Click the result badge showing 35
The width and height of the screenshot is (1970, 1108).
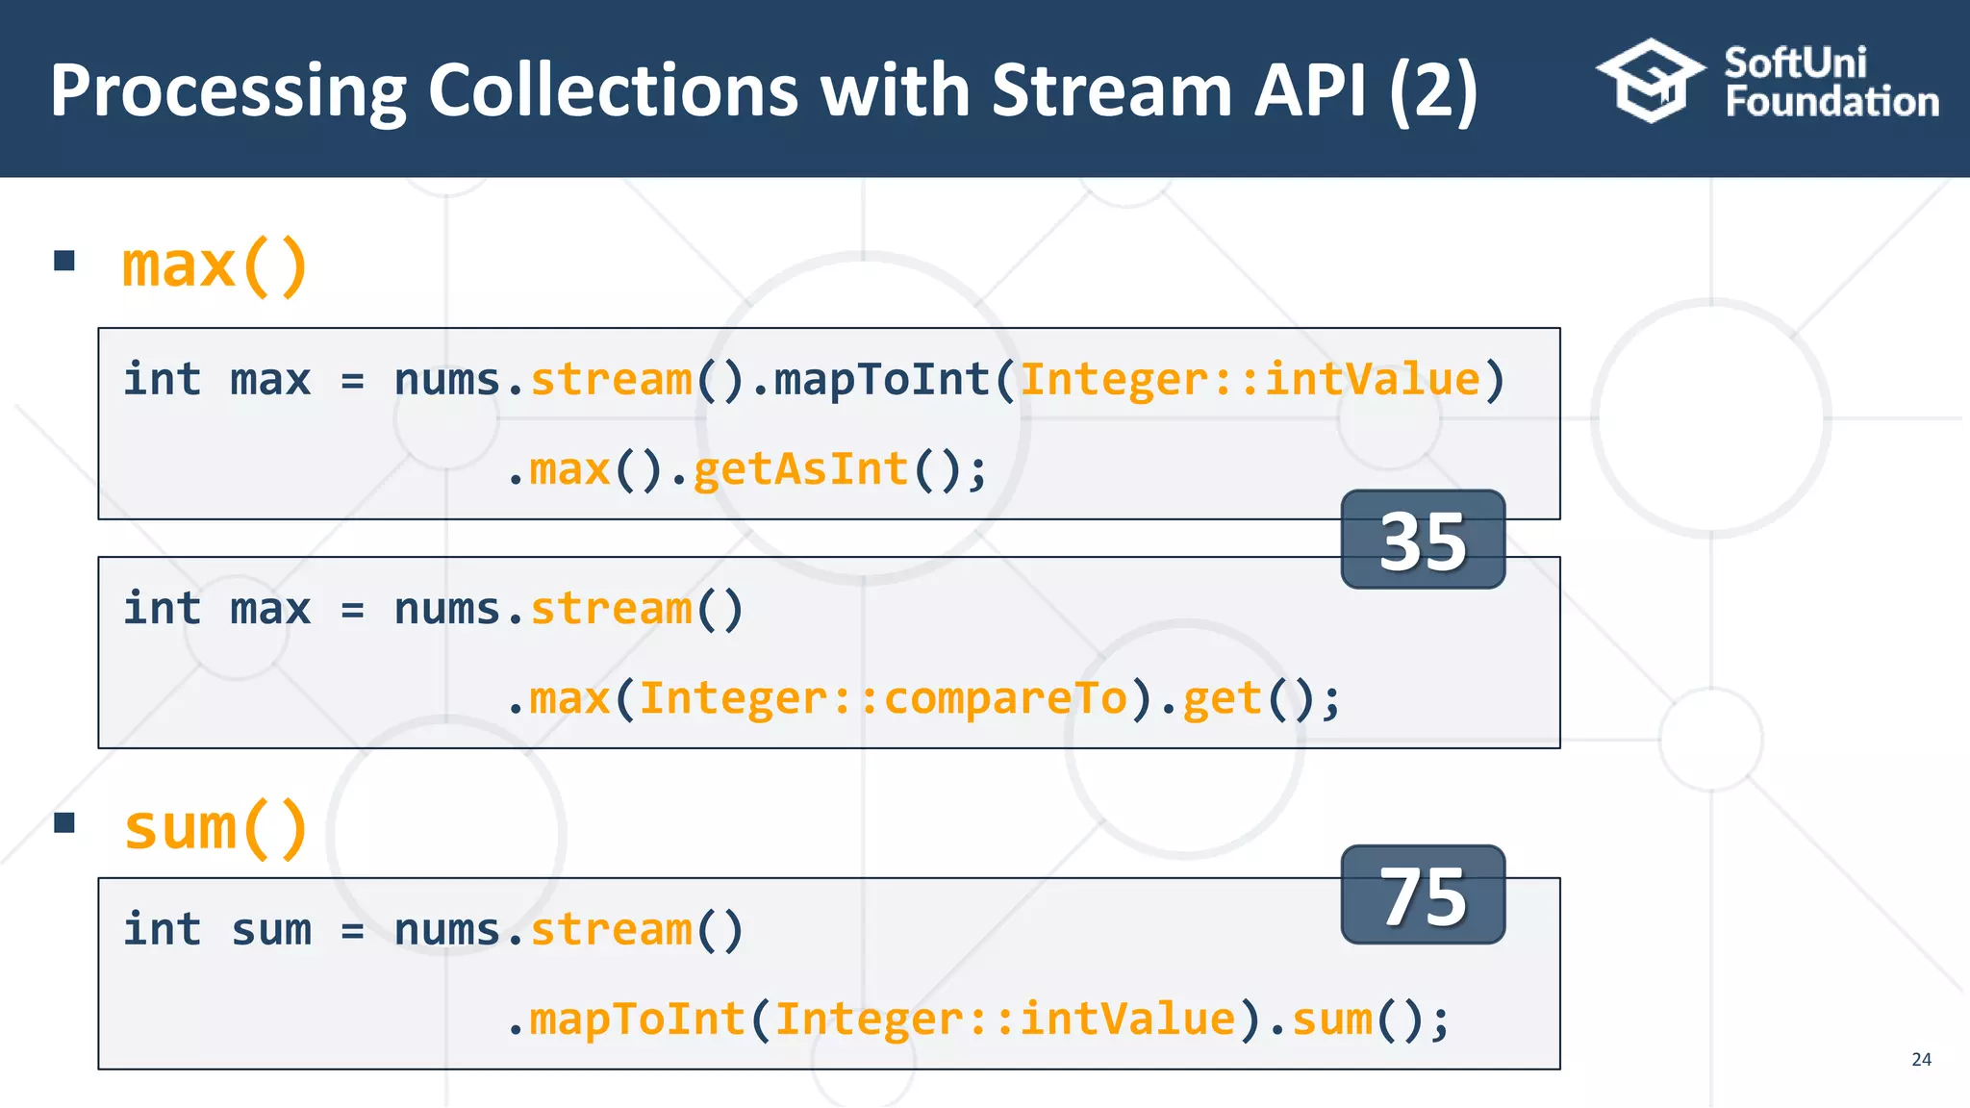pos(1423,540)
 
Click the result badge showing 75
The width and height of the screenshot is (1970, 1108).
pos(1423,895)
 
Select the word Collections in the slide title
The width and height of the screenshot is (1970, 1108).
pos(613,90)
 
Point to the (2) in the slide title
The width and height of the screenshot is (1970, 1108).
pos(1433,90)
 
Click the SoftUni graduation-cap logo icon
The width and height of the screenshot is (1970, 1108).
pos(1650,81)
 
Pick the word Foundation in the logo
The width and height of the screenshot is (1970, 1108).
pos(1831,102)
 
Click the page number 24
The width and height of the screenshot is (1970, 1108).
pos(1921,1059)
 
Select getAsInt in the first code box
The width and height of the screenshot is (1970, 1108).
pos(800,470)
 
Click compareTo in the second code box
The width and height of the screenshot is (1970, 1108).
pos(1005,699)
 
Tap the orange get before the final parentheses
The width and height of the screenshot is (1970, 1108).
pos(1222,699)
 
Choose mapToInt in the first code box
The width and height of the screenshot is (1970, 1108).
pos(882,380)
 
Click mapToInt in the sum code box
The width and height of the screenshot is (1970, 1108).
pos(638,1020)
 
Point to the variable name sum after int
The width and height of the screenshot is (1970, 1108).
pos(271,930)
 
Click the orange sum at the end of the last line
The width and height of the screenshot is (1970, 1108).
pos(1331,1020)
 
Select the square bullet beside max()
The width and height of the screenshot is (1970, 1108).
pos(64,261)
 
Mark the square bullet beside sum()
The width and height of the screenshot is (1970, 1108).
pos(64,822)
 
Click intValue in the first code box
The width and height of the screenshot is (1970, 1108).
pos(1372,380)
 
